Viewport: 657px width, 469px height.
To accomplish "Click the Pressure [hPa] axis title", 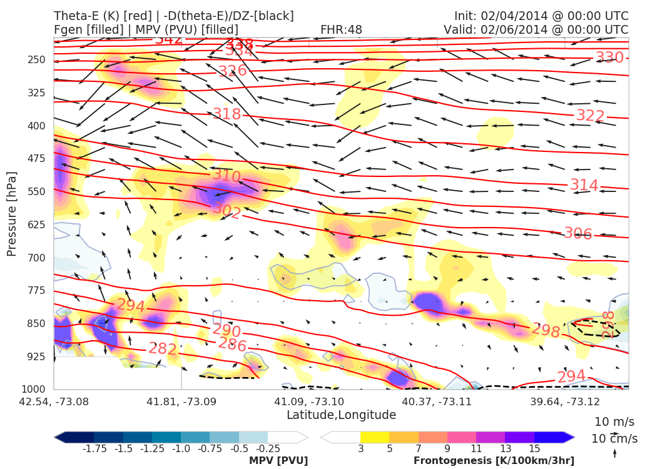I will click(12, 213).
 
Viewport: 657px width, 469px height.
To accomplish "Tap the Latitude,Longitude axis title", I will click(341, 415).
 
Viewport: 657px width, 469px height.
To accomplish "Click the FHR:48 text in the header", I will click(341, 30).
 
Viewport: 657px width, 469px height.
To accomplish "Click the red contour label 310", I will click(226, 176).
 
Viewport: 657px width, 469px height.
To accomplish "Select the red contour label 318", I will click(227, 114).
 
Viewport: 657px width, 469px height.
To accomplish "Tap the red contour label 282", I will click(162, 349).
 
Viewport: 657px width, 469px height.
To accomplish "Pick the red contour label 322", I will click(590, 116).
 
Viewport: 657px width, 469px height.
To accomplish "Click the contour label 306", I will click(578, 234).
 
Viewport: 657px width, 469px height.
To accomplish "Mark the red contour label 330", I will click(609, 58).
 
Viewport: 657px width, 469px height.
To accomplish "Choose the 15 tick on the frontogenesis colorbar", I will click(534, 448).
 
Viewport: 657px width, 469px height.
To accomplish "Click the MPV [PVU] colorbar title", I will click(278, 461).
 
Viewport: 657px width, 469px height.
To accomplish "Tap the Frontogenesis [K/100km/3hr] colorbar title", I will click(494, 461).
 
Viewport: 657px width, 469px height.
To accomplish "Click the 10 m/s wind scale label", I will click(614, 421).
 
